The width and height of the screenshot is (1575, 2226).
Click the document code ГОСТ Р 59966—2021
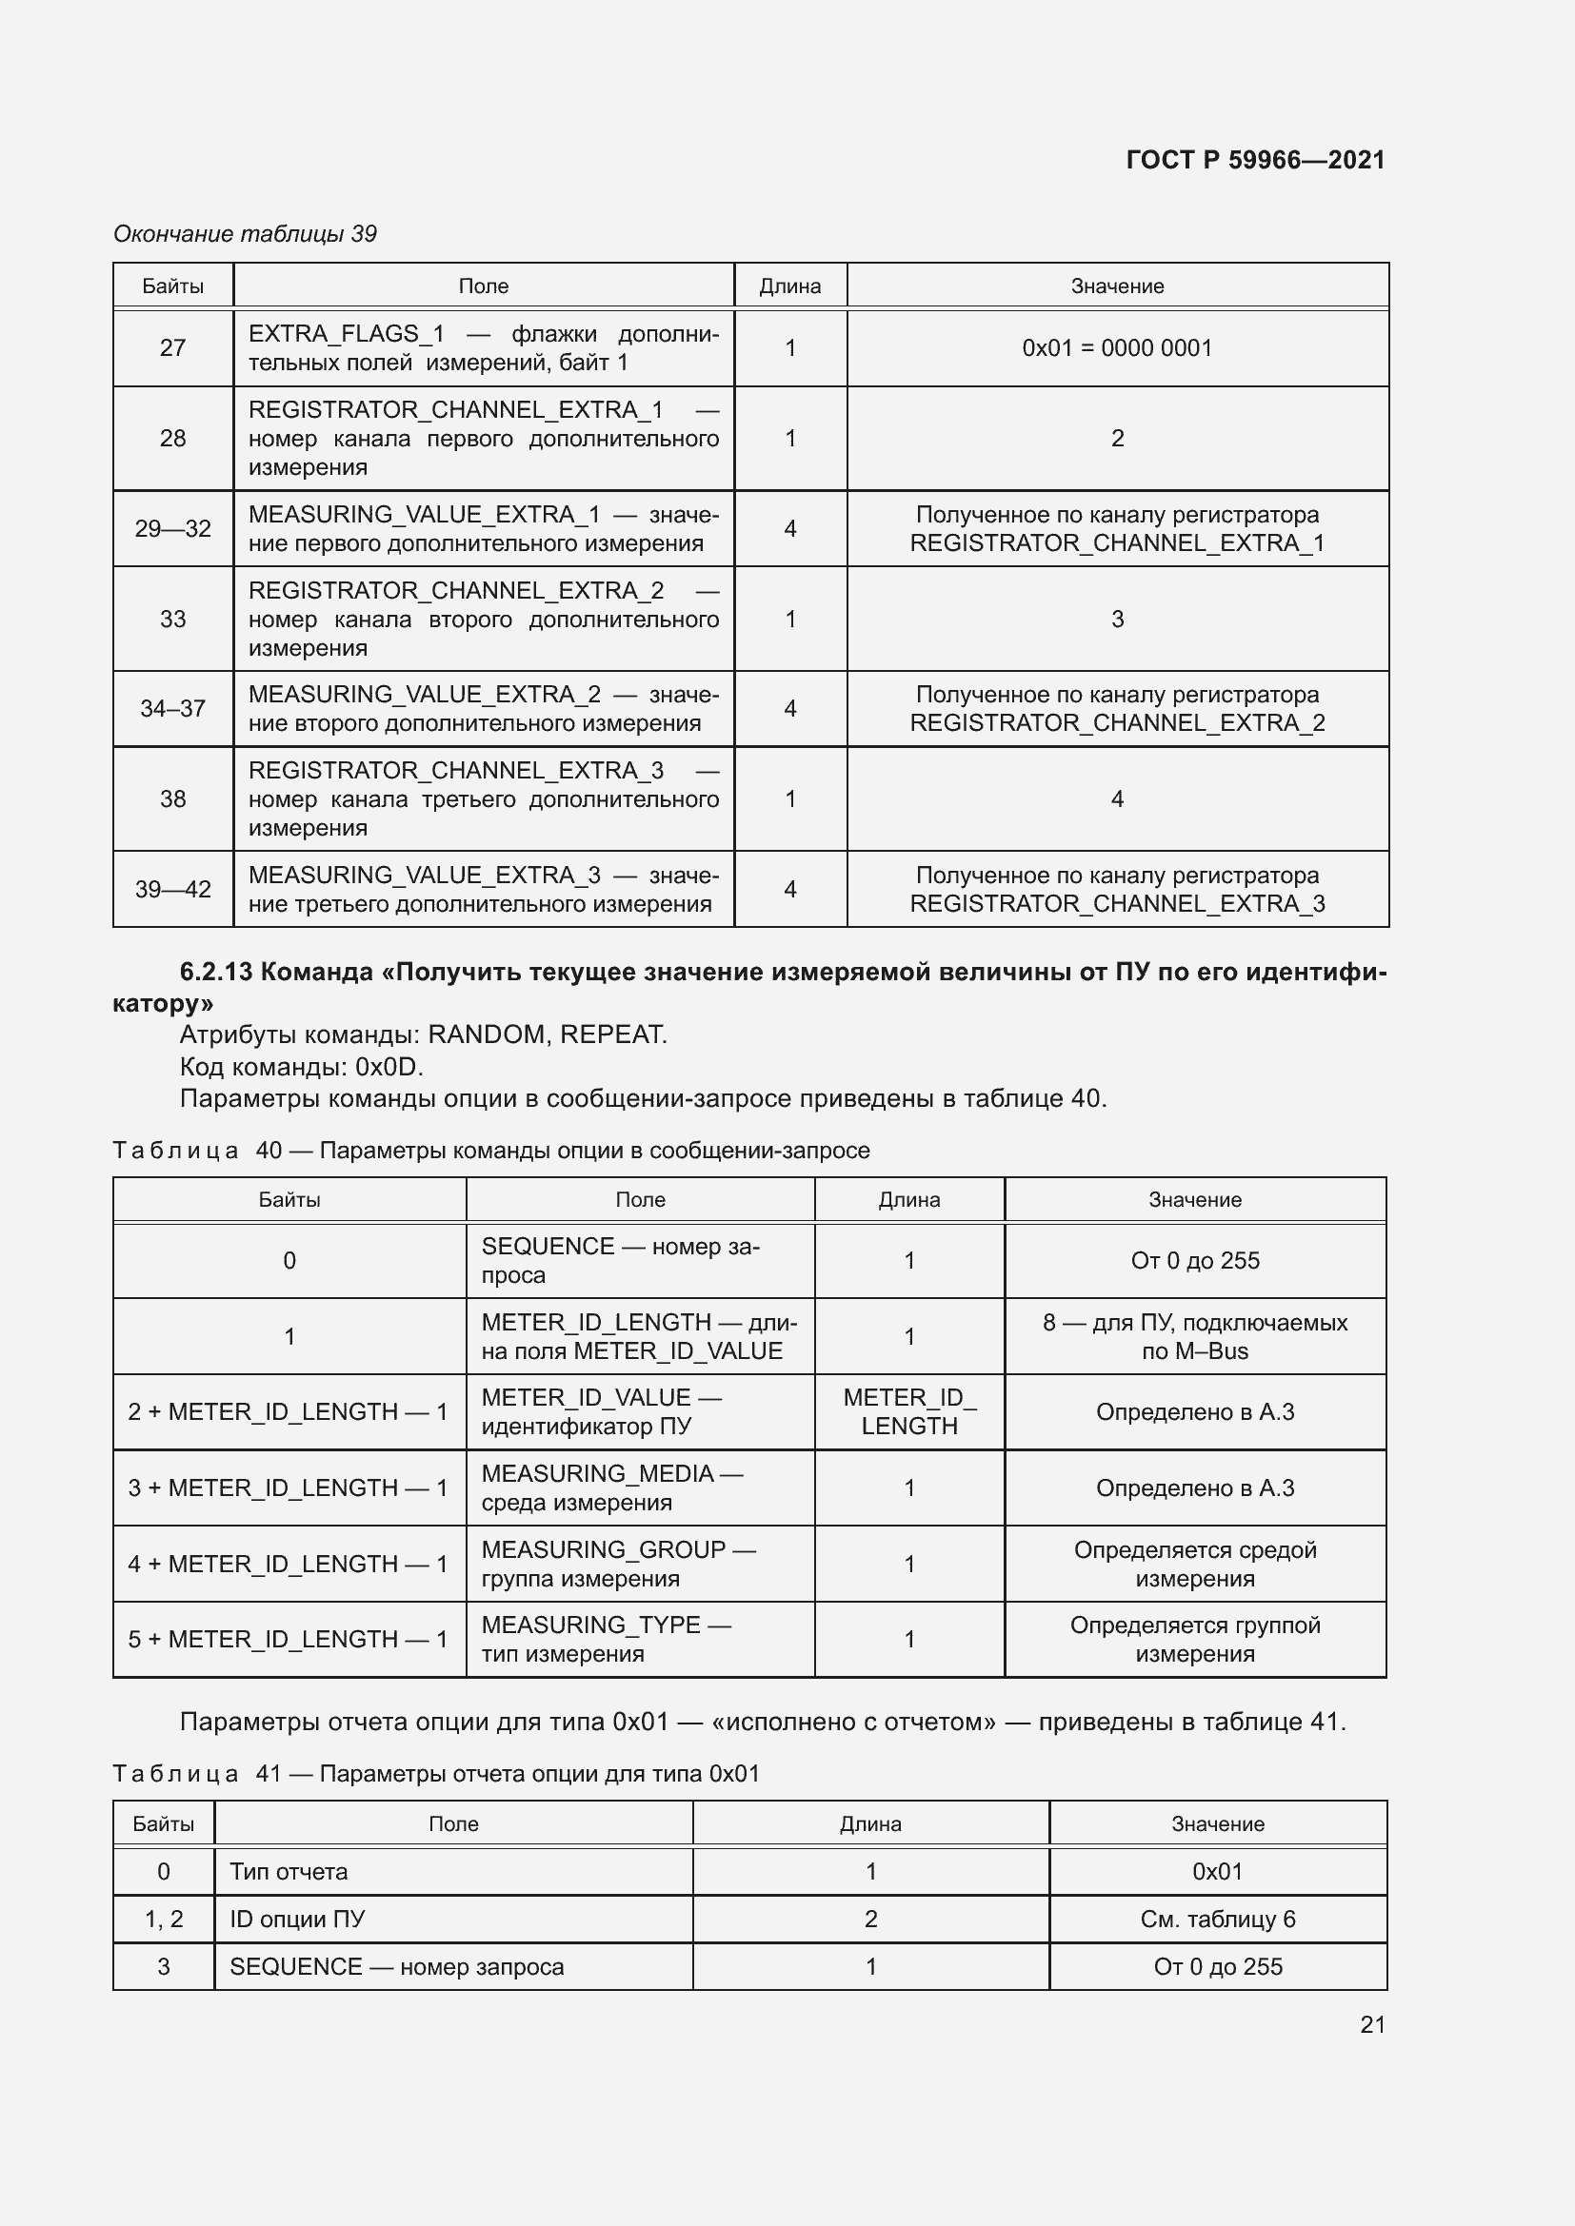[1255, 160]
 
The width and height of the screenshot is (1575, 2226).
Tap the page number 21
[1372, 2024]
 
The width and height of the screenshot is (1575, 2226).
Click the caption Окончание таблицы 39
[246, 234]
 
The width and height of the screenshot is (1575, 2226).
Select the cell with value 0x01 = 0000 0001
[1117, 348]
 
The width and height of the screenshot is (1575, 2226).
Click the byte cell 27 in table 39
[172, 348]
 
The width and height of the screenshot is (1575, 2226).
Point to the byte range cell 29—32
[172, 528]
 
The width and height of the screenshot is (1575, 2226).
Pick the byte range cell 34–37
[172, 709]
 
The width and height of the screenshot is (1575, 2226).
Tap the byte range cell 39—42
[172, 889]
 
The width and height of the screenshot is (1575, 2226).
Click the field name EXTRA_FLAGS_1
[347, 333]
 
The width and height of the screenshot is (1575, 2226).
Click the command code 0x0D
[389, 1067]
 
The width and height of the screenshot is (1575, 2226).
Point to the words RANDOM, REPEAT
[546, 1034]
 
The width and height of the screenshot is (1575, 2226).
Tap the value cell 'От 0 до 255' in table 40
[1195, 1260]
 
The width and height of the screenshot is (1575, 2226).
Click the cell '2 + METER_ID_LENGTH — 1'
[288, 1411]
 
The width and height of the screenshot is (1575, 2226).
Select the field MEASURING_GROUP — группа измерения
[618, 1564]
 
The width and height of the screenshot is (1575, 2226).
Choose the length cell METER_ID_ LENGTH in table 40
[908, 1411]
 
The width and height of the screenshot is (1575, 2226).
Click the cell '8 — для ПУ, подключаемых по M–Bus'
[1195, 1336]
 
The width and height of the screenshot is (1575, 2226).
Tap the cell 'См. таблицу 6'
[1217, 1919]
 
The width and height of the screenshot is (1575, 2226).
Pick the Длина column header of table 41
[870, 1823]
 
